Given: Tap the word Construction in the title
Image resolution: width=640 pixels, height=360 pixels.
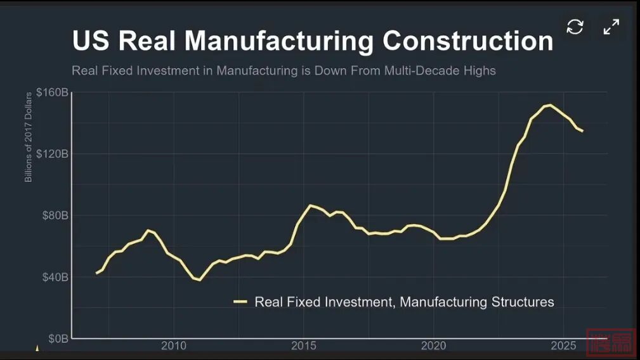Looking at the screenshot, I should (468, 41).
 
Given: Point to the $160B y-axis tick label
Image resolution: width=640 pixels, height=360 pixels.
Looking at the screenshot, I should (52, 93).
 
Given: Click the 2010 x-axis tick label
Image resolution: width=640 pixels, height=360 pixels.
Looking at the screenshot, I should (174, 345).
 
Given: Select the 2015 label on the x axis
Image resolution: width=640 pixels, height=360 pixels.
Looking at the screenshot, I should (304, 345).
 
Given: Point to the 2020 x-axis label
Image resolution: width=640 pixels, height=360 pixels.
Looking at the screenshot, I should (434, 345).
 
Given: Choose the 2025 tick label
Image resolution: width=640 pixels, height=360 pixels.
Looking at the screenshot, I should (563, 345).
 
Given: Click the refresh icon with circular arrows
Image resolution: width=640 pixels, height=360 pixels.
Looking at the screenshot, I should (575, 27).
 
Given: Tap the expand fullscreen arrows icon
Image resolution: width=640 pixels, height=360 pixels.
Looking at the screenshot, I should (611, 27).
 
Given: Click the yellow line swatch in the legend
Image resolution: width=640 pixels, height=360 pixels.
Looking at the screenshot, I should (240, 302).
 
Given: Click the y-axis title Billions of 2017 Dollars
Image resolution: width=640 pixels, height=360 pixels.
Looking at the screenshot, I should (29, 137).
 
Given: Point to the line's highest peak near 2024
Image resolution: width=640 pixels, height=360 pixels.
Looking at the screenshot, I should (549, 105).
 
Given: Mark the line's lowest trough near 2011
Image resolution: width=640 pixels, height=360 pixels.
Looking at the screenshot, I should (200, 280).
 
